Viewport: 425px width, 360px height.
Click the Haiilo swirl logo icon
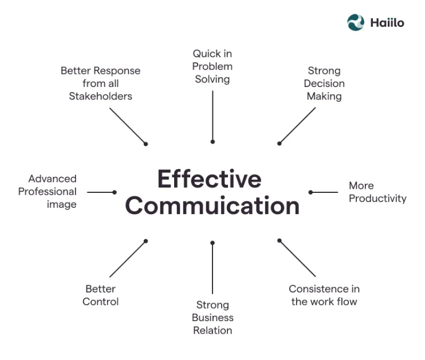pos(356,22)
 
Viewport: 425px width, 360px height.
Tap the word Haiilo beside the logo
pos(387,23)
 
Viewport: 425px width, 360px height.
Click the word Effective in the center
pos(210,179)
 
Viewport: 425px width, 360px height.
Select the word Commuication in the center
pos(213,205)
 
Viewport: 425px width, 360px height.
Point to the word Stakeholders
pos(101,96)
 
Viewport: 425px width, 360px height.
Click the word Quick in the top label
pos(204,54)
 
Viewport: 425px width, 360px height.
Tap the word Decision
pos(324,84)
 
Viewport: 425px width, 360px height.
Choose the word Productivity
pos(377,199)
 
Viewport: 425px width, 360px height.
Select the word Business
pos(213,318)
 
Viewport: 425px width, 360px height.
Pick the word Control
pos(101,302)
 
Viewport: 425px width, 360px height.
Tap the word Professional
pos(48,192)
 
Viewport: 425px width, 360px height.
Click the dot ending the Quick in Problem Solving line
pos(213,142)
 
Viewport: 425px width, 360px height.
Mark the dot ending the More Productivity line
pos(310,192)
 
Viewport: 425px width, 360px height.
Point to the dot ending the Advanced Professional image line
pos(115,192)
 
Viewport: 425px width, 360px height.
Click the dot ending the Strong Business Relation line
pos(213,243)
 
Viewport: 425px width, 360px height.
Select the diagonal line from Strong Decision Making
pos(297,125)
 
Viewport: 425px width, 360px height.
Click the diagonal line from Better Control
pos(128,259)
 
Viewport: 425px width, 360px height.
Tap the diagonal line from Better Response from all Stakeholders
pos(128,126)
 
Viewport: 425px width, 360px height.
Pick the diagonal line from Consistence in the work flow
pos(297,259)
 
